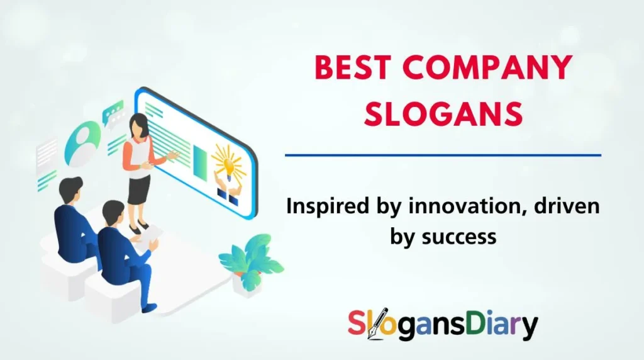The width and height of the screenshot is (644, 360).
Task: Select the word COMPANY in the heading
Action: click(x=489, y=69)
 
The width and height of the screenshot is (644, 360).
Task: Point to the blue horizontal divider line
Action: click(x=443, y=154)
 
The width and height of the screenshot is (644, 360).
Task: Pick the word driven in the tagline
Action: click(x=562, y=206)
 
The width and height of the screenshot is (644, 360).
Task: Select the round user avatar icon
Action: click(x=83, y=136)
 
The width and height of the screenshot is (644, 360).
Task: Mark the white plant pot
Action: click(x=246, y=282)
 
